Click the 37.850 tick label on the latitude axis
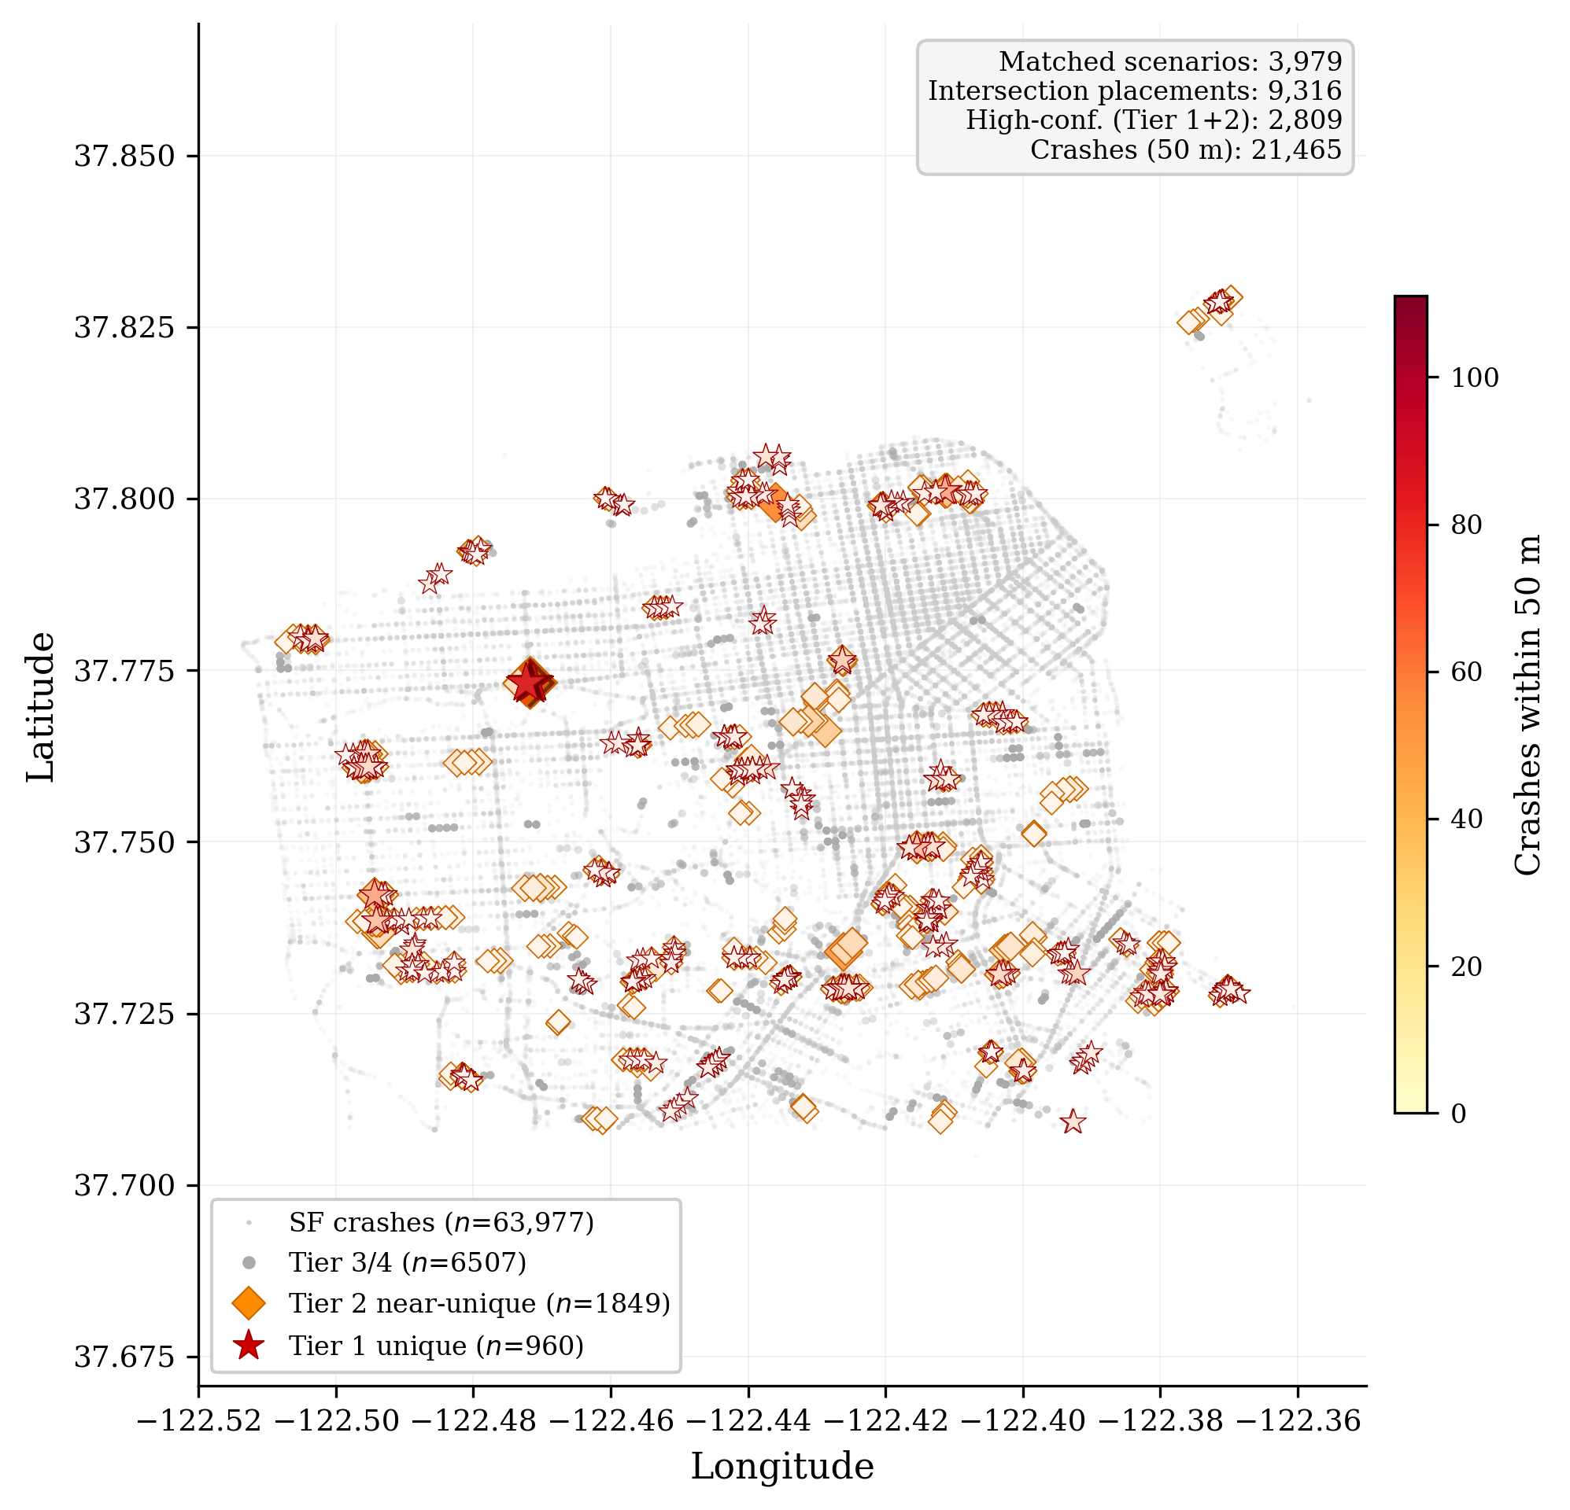tap(124, 157)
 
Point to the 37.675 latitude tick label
tap(124, 1357)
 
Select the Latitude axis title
tap(42, 706)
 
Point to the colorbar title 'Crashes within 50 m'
tap(1528, 705)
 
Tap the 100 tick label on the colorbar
tap(1475, 378)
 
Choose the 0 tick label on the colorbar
tap(1459, 1114)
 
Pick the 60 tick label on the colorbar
tap(1467, 672)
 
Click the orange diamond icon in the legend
tap(249, 1303)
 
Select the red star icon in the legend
tap(249, 1346)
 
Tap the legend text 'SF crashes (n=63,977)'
tap(441, 1223)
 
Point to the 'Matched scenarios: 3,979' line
tap(1169, 61)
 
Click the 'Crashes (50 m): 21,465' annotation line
tap(1185, 149)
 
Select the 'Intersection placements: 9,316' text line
tap(1134, 91)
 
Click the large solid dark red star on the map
tap(530, 683)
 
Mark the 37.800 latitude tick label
tap(124, 499)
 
